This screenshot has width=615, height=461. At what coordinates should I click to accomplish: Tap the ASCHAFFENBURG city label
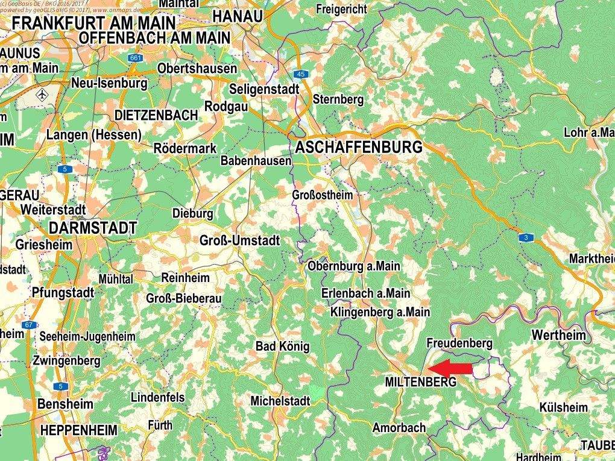click(x=358, y=147)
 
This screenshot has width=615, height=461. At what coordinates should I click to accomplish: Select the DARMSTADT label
click(x=93, y=227)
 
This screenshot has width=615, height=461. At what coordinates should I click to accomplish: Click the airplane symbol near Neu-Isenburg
click(x=42, y=95)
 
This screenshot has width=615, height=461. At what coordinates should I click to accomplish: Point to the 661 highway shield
click(x=135, y=58)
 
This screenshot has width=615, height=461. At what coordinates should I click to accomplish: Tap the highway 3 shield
click(x=526, y=239)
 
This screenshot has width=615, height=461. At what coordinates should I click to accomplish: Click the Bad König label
click(x=282, y=347)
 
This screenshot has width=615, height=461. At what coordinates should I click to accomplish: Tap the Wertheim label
click(x=558, y=335)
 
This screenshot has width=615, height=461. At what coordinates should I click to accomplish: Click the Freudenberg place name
click(x=459, y=343)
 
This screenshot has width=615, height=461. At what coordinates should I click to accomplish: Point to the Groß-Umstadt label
click(x=239, y=240)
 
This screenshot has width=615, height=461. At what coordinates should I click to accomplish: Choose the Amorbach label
click(x=399, y=428)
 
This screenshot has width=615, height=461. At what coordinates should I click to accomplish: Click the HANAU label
click(x=238, y=16)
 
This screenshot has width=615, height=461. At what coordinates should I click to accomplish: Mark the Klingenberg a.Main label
click(x=380, y=312)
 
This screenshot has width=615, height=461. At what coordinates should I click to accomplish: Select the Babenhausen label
click(x=256, y=161)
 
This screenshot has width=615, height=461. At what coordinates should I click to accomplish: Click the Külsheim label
click(x=564, y=407)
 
